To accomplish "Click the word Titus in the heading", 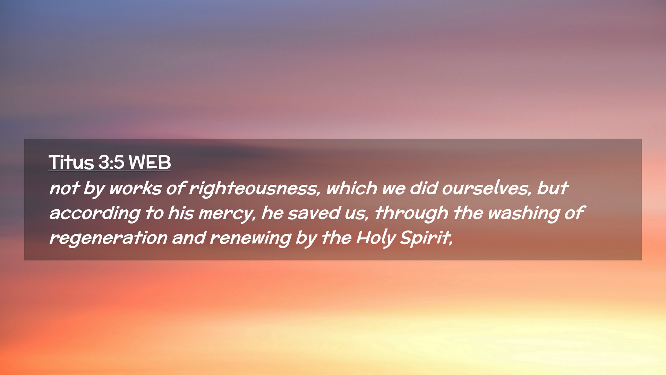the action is pyautogui.click(x=71, y=162).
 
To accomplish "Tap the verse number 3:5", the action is pyautogui.click(x=111, y=162).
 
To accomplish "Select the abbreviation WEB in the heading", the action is pyautogui.click(x=150, y=162).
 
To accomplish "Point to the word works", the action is pyautogui.click(x=135, y=188).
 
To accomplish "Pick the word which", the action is pyautogui.click(x=351, y=188).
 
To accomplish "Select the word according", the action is pyautogui.click(x=95, y=214).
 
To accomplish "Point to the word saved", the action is pyautogui.click(x=314, y=213).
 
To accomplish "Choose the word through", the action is pyautogui.click(x=411, y=214).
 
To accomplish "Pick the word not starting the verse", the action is pyautogui.click(x=64, y=189).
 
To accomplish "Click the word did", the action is pyautogui.click(x=423, y=188).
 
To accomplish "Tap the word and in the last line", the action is pyautogui.click(x=188, y=238).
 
